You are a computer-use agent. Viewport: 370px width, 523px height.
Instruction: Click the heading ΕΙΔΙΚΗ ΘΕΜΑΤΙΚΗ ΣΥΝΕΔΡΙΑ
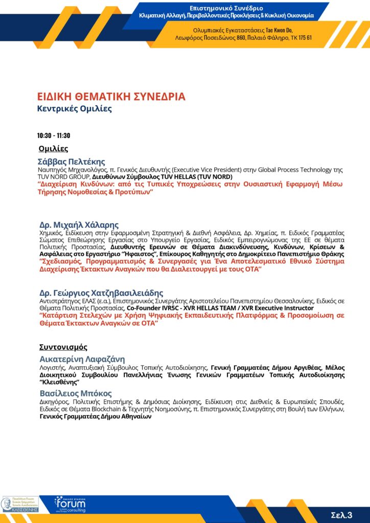tap(111, 97)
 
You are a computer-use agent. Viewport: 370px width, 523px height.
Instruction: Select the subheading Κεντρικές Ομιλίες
tap(74, 108)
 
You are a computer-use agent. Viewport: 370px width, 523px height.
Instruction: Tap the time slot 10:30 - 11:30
tap(53, 136)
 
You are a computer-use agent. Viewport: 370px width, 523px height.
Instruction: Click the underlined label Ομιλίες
tap(53, 149)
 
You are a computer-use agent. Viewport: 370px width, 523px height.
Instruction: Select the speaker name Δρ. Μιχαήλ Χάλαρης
tap(79, 225)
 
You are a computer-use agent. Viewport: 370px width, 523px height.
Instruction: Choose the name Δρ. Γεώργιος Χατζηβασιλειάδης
tap(101, 293)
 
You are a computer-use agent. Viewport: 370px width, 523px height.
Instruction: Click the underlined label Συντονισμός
tap(63, 347)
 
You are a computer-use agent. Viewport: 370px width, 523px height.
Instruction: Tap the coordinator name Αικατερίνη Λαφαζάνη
tap(82, 359)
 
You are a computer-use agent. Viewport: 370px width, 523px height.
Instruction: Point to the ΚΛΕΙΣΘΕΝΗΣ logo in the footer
tap(20, 504)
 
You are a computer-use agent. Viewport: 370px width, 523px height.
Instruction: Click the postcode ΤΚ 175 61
tap(300, 38)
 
